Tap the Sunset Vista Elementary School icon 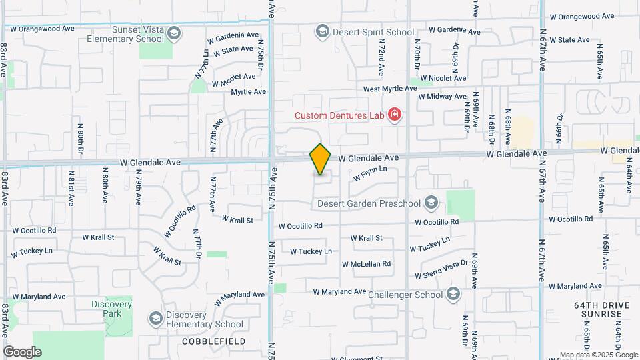pyautogui.click(x=174, y=33)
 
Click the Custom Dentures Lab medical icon pyautogui.click(x=395, y=115)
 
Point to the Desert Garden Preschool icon pyautogui.click(x=431, y=203)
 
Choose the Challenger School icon pyautogui.click(x=453, y=294)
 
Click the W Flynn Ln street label pyautogui.click(x=366, y=173)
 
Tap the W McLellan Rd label pyautogui.click(x=369, y=264)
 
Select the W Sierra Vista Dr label pyautogui.click(x=441, y=269)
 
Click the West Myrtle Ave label pyautogui.click(x=390, y=89)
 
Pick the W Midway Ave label pyautogui.click(x=443, y=97)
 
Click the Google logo pyautogui.click(x=22, y=351)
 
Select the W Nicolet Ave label pyautogui.click(x=443, y=78)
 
